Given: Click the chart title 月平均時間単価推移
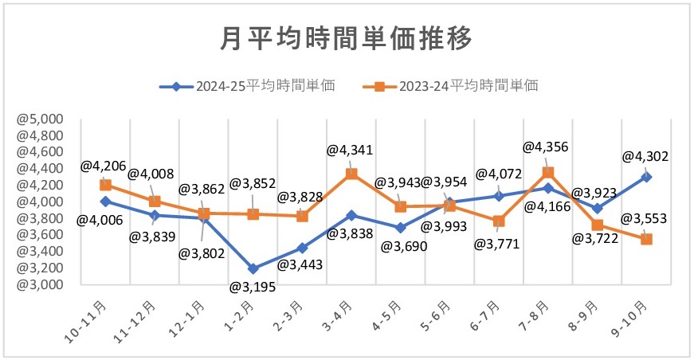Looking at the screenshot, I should coord(346,38).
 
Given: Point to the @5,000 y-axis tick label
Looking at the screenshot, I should coord(40,119).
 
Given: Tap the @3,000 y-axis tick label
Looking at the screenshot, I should coord(40,284).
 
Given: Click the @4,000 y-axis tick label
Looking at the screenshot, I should coord(40,202).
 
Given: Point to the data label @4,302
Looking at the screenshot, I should coord(644,158).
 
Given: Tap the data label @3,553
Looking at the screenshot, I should coord(644,218).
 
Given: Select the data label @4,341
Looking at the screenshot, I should coord(351,149).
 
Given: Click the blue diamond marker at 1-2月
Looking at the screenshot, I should coord(253,268).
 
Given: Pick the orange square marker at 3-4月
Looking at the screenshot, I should coord(351,174).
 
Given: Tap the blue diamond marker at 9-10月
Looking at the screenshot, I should coord(646,177).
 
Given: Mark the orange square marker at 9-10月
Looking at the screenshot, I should coord(646,239).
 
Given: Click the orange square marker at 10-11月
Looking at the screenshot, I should coord(105,185).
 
